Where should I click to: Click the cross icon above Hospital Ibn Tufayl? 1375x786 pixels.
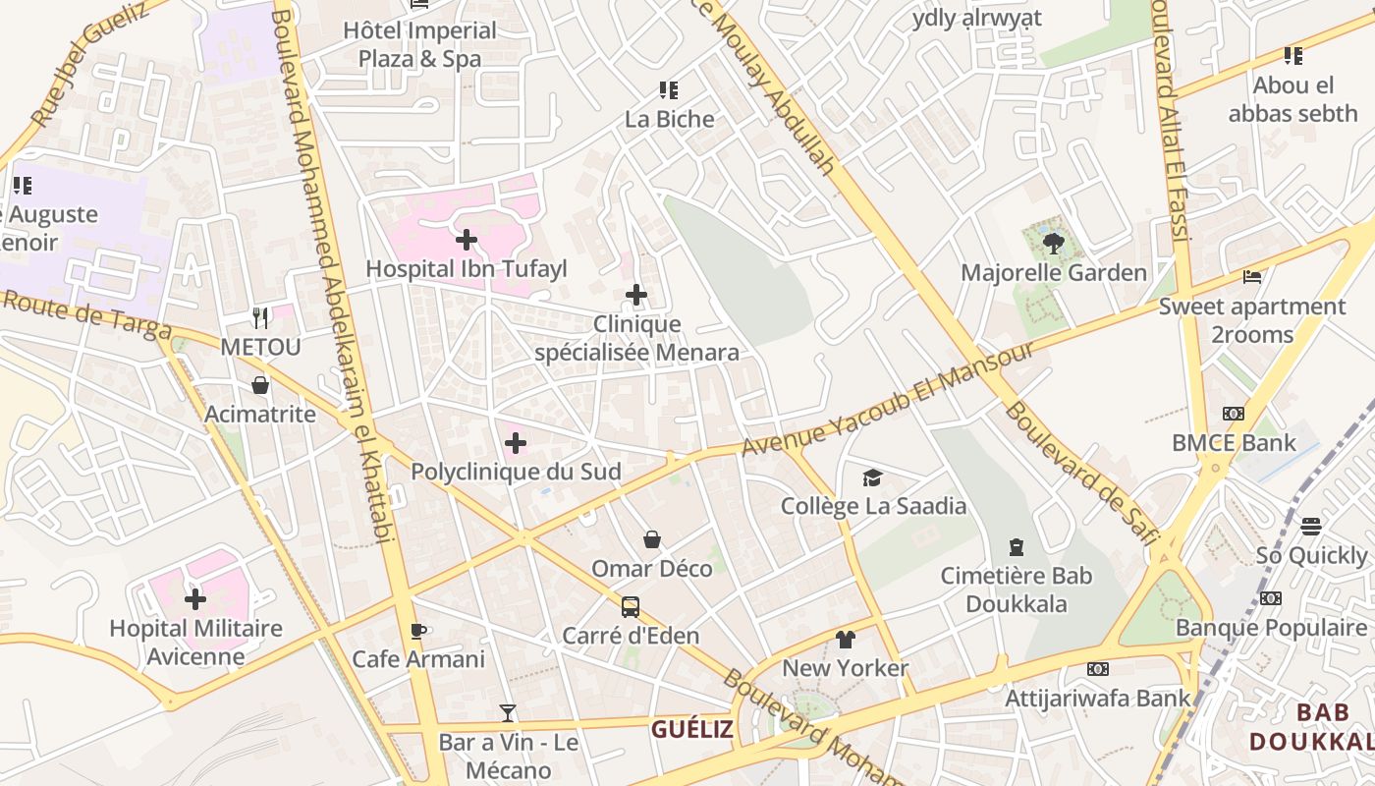tap(467, 239)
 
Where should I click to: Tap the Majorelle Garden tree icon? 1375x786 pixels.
tap(1054, 243)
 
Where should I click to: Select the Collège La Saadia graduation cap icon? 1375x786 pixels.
tap(872, 478)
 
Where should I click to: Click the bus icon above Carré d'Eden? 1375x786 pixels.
tap(631, 607)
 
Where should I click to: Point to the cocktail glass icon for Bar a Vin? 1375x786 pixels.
tap(508, 713)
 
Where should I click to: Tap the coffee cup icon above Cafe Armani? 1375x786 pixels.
tap(417, 631)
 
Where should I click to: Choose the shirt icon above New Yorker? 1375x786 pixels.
tap(845, 640)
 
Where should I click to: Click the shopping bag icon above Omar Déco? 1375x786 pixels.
tap(651, 539)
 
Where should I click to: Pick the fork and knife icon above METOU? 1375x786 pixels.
tap(260, 317)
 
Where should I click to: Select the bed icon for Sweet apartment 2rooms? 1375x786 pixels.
tap(1252, 277)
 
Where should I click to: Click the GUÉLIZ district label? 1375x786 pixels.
tap(691, 729)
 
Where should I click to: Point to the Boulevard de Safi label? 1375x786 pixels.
tap(1081, 473)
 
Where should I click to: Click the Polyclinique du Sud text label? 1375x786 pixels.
tap(516, 472)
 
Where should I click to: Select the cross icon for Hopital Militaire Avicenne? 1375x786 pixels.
tap(195, 598)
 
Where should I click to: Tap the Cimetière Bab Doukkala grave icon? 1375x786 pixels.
tap(1017, 547)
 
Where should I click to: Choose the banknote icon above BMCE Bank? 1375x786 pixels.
tap(1233, 414)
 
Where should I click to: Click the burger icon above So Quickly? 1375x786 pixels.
tap(1311, 527)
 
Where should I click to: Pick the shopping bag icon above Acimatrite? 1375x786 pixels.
tap(260, 385)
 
